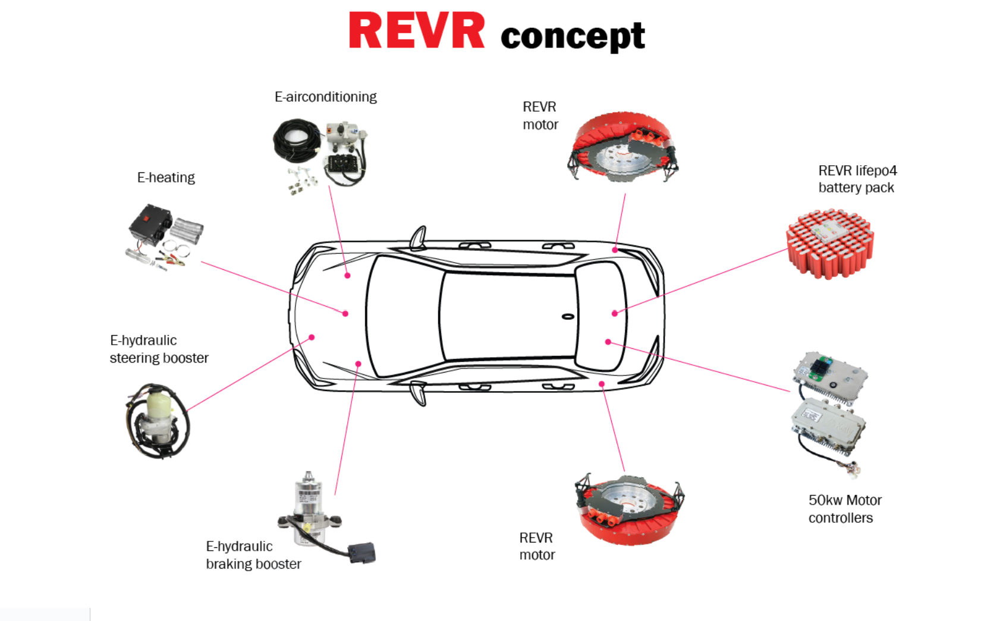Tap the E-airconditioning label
click(x=325, y=97)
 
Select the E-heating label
click(x=166, y=178)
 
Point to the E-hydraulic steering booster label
click(x=159, y=349)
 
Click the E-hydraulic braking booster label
click(x=253, y=555)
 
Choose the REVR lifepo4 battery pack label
click(x=857, y=179)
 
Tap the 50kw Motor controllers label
click(x=844, y=509)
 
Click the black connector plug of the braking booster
click(x=361, y=553)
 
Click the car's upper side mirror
click(x=419, y=238)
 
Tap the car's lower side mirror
click(x=419, y=394)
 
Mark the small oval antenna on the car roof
click(x=568, y=316)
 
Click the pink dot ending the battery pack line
click(x=615, y=313)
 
